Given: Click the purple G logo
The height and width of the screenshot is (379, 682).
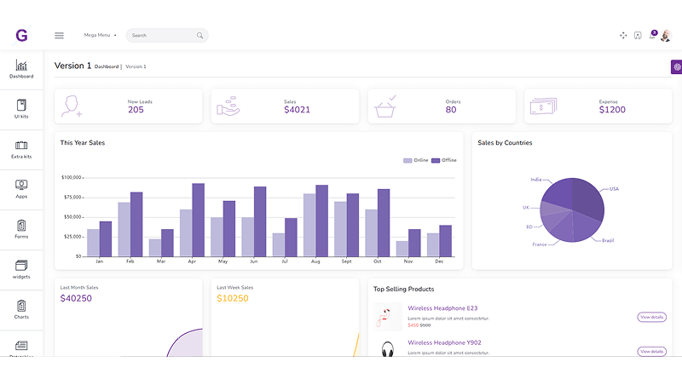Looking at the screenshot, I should (21, 35).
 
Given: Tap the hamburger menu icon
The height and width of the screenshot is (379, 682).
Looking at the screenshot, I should (59, 35).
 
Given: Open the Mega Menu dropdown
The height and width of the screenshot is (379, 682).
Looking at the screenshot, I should (100, 35).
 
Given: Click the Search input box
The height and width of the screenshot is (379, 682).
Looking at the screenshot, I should (162, 35).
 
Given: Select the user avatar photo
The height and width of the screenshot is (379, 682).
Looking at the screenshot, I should (666, 35).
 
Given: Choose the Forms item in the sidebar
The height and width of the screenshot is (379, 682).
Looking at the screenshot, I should (21, 230).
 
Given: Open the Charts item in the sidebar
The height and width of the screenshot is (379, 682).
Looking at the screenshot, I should (21, 310).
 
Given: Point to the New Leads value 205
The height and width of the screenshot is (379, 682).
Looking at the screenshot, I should (136, 110).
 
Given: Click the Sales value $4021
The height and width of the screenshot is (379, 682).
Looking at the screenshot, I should (297, 110).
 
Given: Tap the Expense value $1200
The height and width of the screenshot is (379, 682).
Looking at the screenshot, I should (612, 110).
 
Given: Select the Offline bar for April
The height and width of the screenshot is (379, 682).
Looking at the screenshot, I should (198, 220).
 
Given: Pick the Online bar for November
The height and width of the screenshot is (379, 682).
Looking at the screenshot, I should (402, 248).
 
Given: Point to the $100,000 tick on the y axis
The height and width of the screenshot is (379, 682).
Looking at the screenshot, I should (72, 178).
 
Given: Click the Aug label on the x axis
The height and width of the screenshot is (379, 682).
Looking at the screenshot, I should (315, 261).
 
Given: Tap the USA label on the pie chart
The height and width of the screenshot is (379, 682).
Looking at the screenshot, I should (614, 188).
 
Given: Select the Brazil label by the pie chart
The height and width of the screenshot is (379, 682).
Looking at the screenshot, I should (608, 240).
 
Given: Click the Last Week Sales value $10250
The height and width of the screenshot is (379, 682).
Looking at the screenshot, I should (233, 298).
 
